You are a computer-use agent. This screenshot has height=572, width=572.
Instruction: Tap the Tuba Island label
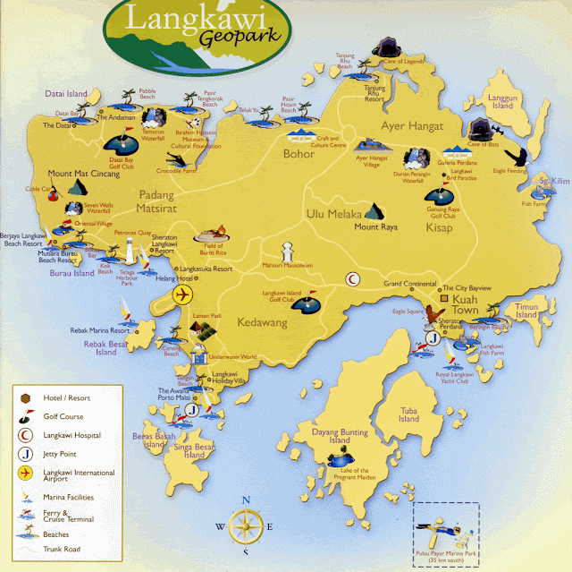coord(408,414)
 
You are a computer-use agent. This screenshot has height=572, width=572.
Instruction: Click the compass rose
coord(245,526)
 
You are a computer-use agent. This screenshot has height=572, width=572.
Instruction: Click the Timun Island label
coord(526,310)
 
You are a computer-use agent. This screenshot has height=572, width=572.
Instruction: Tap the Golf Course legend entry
coord(60,416)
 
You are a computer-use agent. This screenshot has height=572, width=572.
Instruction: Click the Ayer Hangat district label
coord(412,126)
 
